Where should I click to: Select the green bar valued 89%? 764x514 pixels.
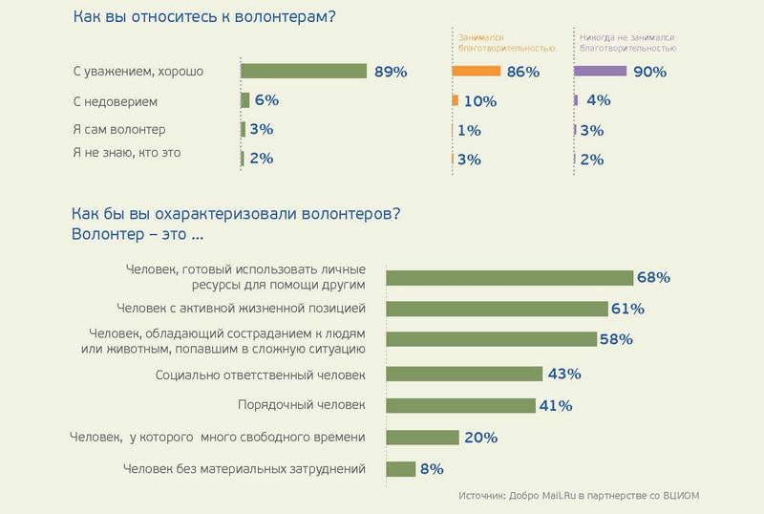point(304,71)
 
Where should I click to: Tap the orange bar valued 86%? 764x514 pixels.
point(477,71)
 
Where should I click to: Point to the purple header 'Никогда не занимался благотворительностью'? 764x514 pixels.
point(627,39)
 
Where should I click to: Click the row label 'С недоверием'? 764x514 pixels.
point(115,99)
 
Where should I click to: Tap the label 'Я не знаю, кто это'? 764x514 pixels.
point(127,152)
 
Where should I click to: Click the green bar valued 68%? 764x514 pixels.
point(508,277)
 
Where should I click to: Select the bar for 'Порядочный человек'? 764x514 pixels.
point(459,405)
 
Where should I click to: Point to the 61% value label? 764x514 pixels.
point(628,309)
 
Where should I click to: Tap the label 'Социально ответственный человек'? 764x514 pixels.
point(261,375)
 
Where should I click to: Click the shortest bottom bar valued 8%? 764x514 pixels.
point(400,469)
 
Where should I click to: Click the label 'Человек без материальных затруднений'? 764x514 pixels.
point(245,469)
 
